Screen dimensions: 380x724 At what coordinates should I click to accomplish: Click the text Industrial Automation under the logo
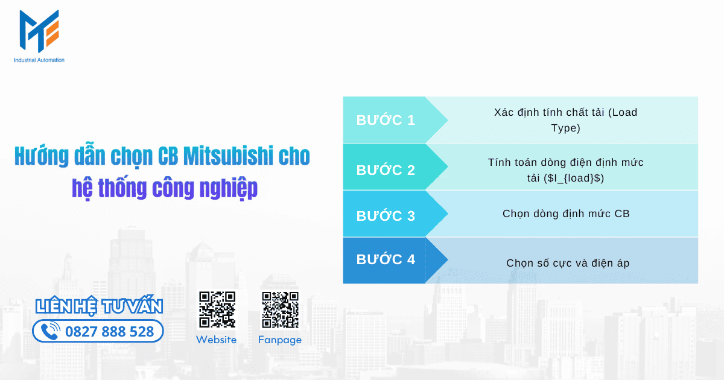[39, 60]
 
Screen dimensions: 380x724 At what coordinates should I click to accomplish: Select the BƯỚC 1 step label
[386, 120]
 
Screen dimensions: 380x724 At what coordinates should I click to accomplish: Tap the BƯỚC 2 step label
[386, 170]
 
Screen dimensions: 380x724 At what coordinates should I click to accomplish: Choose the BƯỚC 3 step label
[386, 215]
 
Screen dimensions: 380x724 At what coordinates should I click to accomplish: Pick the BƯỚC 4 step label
[386, 259]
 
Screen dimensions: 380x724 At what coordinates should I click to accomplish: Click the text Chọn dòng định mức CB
[565, 214]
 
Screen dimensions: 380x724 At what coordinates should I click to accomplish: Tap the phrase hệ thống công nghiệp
[165, 188]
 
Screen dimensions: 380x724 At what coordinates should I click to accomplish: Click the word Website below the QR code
[217, 340]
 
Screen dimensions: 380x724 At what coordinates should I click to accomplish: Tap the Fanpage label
[279, 340]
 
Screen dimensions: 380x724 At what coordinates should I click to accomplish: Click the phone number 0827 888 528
[109, 331]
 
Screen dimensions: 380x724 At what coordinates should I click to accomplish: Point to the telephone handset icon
[51, 331]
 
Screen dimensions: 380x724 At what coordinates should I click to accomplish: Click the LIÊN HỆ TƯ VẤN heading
[99, 306]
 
